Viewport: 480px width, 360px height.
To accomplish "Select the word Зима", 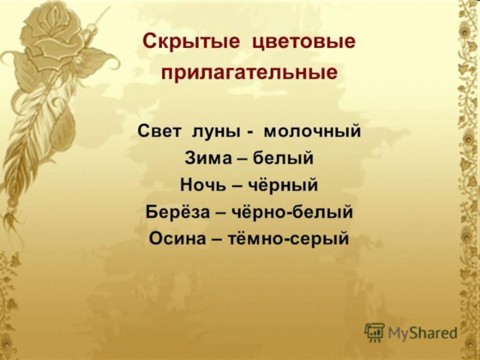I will tap(204, 159).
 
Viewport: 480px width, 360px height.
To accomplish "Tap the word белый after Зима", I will tap(290, 159).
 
